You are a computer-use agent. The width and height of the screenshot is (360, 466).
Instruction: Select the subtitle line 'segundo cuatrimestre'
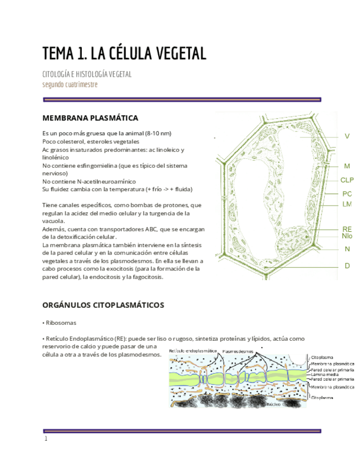(70, 84)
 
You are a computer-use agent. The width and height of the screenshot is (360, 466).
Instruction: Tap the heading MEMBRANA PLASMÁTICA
(90, 118)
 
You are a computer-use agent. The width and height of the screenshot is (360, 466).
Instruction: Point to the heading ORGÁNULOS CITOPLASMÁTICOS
(103, 304)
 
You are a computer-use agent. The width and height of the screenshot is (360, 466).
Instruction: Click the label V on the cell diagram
(347, 136)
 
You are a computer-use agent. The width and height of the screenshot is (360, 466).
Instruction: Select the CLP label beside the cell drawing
(347, 180)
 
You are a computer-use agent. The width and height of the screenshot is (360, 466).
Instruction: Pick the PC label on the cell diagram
(346, 193)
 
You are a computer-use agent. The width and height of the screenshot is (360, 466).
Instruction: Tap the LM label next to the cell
(346, 204)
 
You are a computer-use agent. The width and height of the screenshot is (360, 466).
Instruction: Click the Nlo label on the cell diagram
(346, 236)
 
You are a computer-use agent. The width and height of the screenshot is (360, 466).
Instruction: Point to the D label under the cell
(347, 265)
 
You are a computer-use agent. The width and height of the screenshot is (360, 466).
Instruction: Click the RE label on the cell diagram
(346, 229)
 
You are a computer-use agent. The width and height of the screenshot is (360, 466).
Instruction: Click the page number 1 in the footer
(46, 439)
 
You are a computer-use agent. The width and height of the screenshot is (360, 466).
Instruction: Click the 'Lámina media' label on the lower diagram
(324, 374)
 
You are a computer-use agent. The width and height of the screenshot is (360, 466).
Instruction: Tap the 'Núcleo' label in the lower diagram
(273, 404)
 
